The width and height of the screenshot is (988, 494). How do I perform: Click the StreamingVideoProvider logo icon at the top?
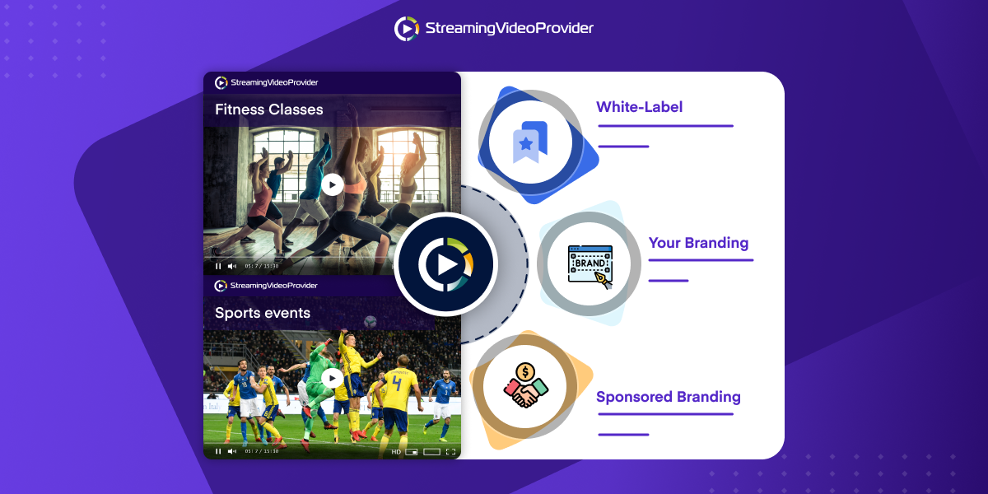coord(407,29)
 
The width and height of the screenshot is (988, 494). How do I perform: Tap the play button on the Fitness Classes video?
coord(332,184)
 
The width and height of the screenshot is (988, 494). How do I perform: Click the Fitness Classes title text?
coord(268,110)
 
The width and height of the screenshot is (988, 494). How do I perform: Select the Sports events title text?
coord(263,313)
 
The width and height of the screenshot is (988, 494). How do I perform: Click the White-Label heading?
coord(639,107)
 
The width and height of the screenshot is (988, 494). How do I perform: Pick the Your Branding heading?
coord(698,243)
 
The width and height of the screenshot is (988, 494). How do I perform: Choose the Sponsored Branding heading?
coord(668,397)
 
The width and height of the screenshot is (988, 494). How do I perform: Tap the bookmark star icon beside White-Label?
coord(530,142)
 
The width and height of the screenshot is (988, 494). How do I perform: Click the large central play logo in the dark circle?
coord(445,264)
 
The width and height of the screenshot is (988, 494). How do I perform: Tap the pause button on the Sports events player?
coord(218,451)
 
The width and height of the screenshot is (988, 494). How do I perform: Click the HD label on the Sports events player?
coord(396,452)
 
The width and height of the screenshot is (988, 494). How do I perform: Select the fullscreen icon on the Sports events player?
coord(450,452)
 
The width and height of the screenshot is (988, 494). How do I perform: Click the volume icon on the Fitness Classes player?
coord(231,266)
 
